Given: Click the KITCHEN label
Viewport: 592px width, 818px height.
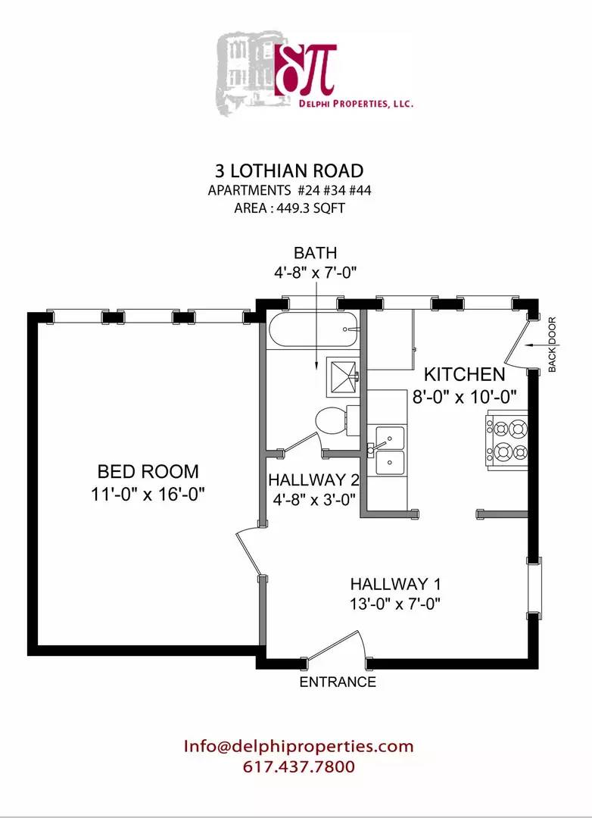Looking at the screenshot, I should (463, 374).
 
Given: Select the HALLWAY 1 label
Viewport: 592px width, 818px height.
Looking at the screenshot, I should (394, 584).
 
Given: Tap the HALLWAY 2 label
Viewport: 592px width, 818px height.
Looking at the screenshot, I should (313, 480).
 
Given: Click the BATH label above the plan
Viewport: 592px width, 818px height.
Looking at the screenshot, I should (315, 253).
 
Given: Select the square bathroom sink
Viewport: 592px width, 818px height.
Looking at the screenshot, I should (344, 376).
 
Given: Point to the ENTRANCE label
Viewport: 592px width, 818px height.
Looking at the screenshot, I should (338, 682).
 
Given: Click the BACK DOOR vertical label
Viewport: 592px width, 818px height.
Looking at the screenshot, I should (552, 344).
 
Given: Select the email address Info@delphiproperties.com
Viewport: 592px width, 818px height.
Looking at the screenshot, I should (298, 746).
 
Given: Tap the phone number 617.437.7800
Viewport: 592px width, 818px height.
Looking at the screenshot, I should (298, 766).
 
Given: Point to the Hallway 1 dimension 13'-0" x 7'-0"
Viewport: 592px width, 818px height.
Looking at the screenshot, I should (394, 604).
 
